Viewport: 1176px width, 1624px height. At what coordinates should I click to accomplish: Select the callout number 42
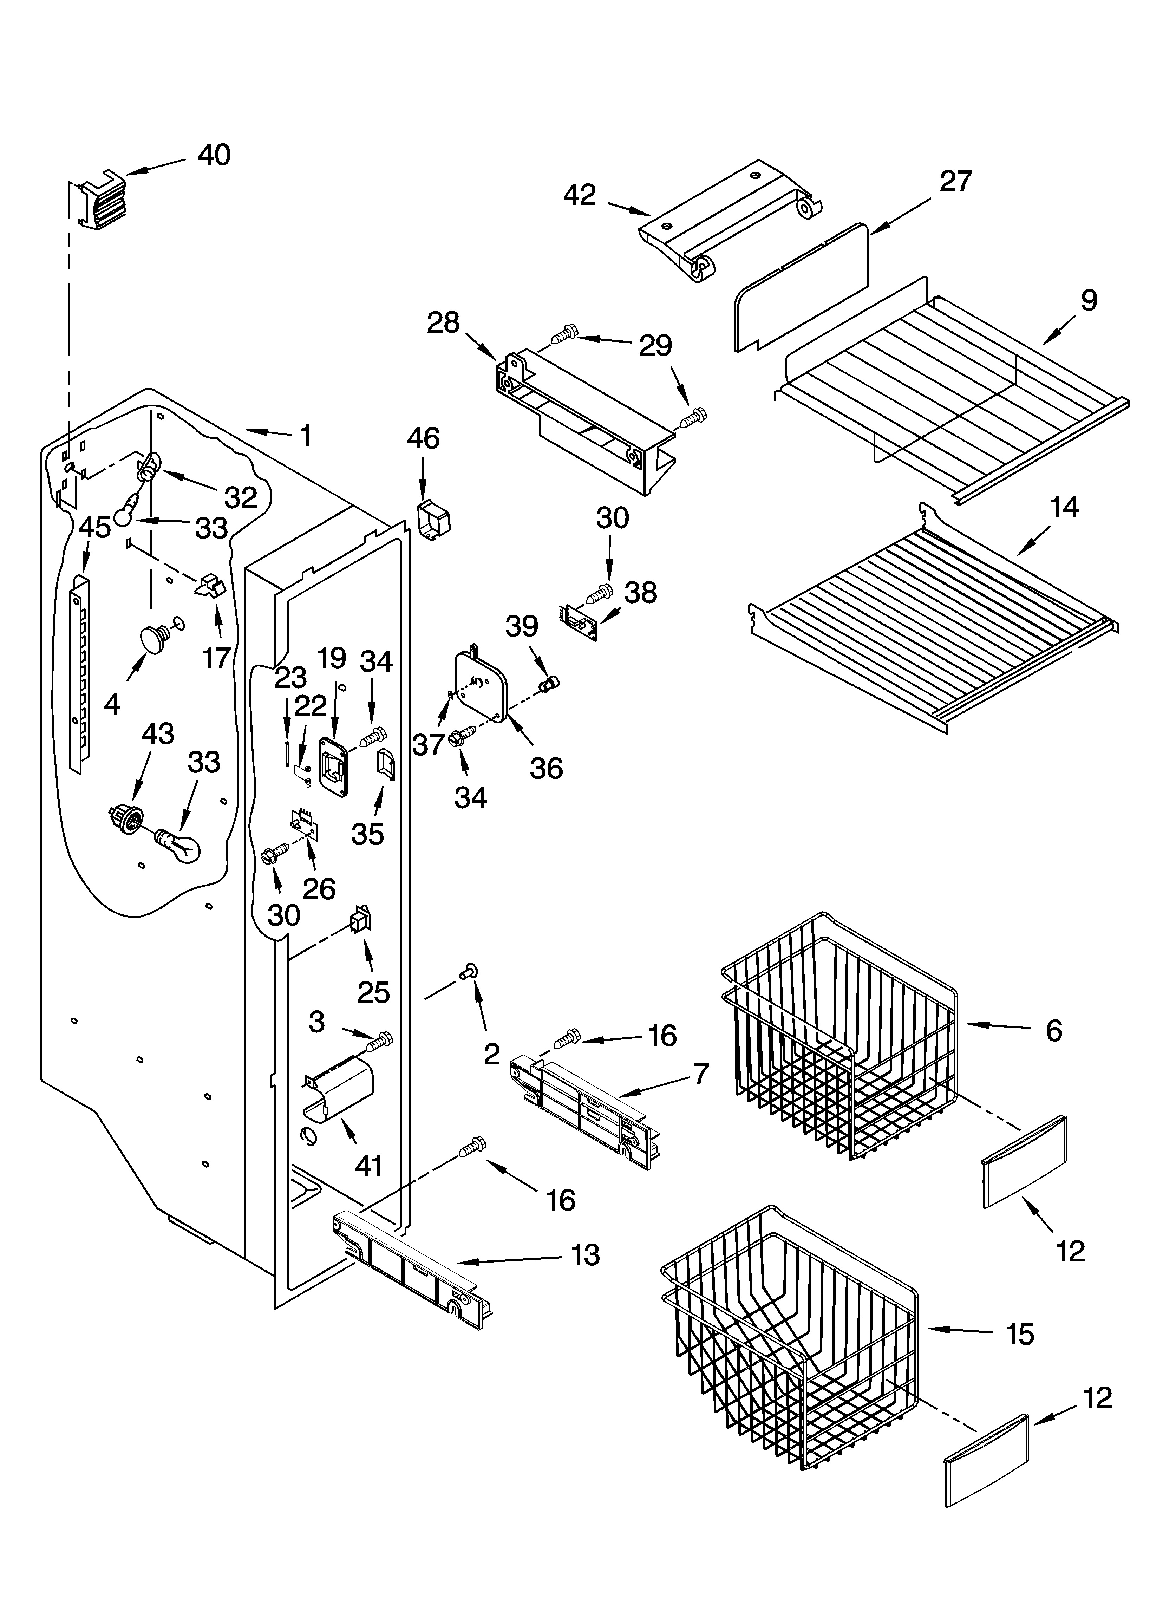click(580, 195)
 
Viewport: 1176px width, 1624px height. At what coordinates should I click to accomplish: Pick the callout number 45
click(95, 528)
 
